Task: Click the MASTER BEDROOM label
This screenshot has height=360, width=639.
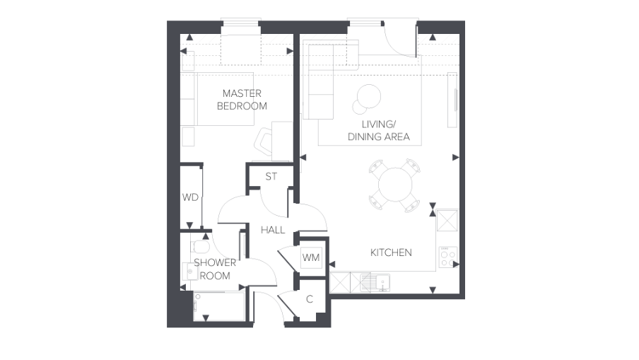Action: (242, 100)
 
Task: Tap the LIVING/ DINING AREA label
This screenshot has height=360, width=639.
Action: (379, 130)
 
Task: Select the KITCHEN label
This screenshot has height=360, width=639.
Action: (391, 252)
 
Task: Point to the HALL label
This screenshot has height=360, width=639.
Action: (273, 230)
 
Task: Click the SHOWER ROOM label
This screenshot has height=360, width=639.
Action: (215, 269)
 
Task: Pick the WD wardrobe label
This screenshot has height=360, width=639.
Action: (190, 197)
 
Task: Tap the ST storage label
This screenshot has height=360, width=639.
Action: (271, 177)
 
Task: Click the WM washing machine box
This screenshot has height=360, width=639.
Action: (311, 257)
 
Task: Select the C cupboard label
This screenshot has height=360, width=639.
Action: (310, 299)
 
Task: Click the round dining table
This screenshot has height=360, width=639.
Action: (395, 185)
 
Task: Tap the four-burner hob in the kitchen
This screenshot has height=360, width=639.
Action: (448, 257)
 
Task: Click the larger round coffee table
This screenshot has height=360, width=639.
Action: (369, 96)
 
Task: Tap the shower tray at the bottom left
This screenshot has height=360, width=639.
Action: (219, 306)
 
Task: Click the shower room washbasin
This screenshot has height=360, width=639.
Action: (190, 271)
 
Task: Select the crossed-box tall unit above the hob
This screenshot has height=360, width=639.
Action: (447, 220)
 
